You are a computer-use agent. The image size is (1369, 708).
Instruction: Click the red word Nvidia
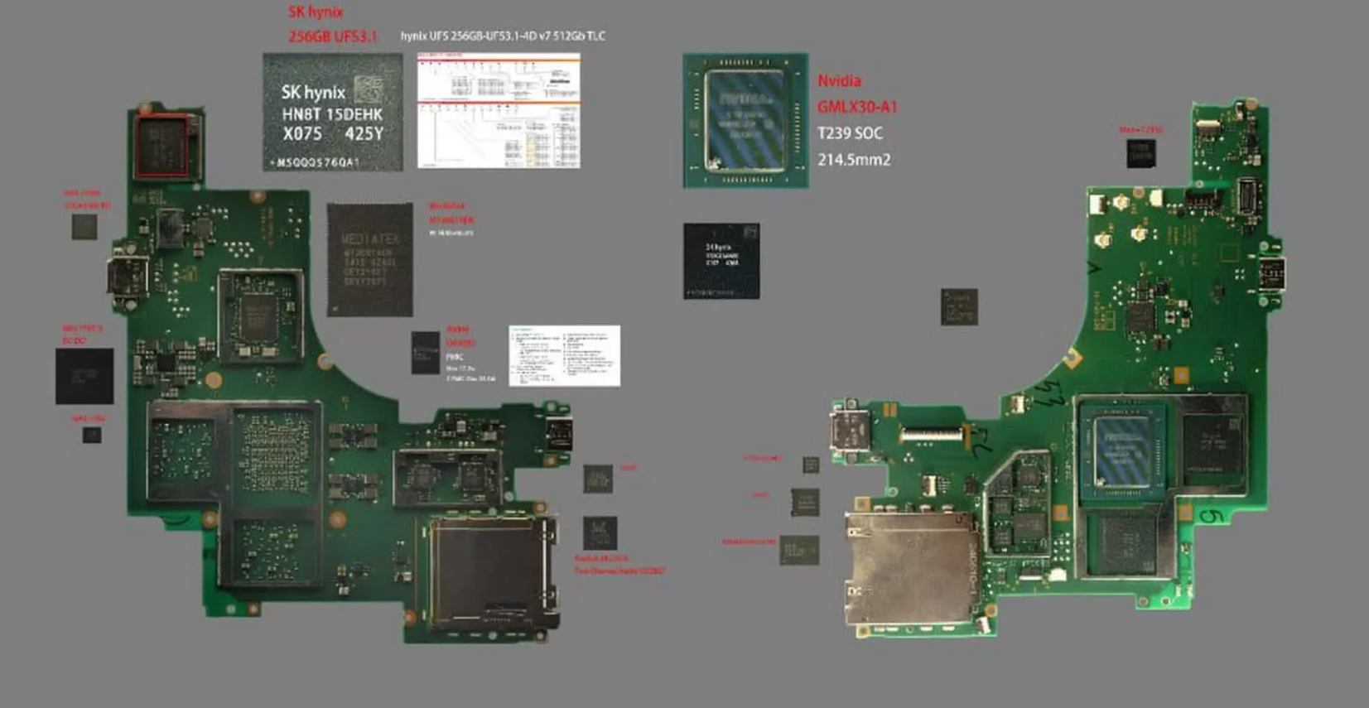(839, 81)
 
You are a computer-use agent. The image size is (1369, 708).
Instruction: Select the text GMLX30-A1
(857, 107)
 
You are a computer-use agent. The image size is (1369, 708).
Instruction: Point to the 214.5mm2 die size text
(854, 160)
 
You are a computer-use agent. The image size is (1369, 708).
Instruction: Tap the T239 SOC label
(850, 133)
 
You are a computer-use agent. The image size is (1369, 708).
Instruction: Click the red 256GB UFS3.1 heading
(332, 36)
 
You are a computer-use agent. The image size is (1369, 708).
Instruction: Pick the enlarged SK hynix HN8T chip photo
(333, 113)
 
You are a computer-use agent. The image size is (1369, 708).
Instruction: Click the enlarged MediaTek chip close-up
(369, 260)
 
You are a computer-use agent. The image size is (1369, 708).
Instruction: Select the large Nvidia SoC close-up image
(745, 120)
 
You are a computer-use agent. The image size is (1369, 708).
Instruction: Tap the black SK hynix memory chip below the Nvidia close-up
(721, 261)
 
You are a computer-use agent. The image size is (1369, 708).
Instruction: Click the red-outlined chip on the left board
(161, 147)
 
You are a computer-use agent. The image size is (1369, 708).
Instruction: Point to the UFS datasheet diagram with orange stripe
(499, 111)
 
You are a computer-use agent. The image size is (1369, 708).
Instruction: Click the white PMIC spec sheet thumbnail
(564, 355)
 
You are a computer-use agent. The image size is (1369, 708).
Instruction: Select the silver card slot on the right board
(911, 571)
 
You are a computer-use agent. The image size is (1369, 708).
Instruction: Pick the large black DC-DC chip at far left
(84, 376)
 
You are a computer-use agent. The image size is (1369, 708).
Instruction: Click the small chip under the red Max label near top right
(1140, 153)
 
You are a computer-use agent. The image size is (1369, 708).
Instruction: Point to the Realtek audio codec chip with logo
(600, 533)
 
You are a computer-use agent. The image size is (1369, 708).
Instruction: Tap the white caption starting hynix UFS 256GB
(503, 36)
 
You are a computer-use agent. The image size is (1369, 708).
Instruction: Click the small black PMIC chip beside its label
(426, 353)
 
